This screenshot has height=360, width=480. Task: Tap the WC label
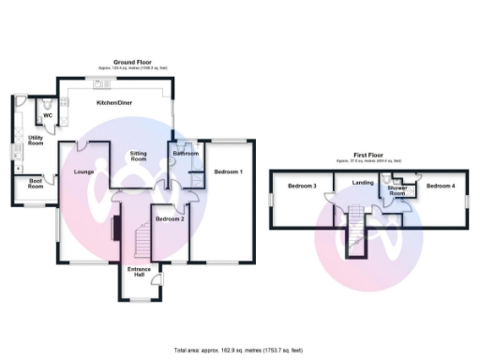[x=48, y=115]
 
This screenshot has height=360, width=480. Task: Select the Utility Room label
[x=36, y=141]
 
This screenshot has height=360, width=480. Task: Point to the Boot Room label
[x=36, y=185]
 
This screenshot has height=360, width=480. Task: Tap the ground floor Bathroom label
[x=184, y=154]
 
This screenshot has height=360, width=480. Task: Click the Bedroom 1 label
[x=229, y=172]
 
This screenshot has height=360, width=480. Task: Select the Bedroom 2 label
[x=169, y=219]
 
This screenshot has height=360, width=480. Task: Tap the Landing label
[x=363, y=182]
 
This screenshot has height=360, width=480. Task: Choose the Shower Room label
[x=397, y=191]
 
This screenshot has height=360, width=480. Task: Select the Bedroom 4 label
[x=441, y=187]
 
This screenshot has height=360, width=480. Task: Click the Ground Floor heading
[x=133, y=62]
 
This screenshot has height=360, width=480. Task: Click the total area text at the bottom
[x=239, y=349]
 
